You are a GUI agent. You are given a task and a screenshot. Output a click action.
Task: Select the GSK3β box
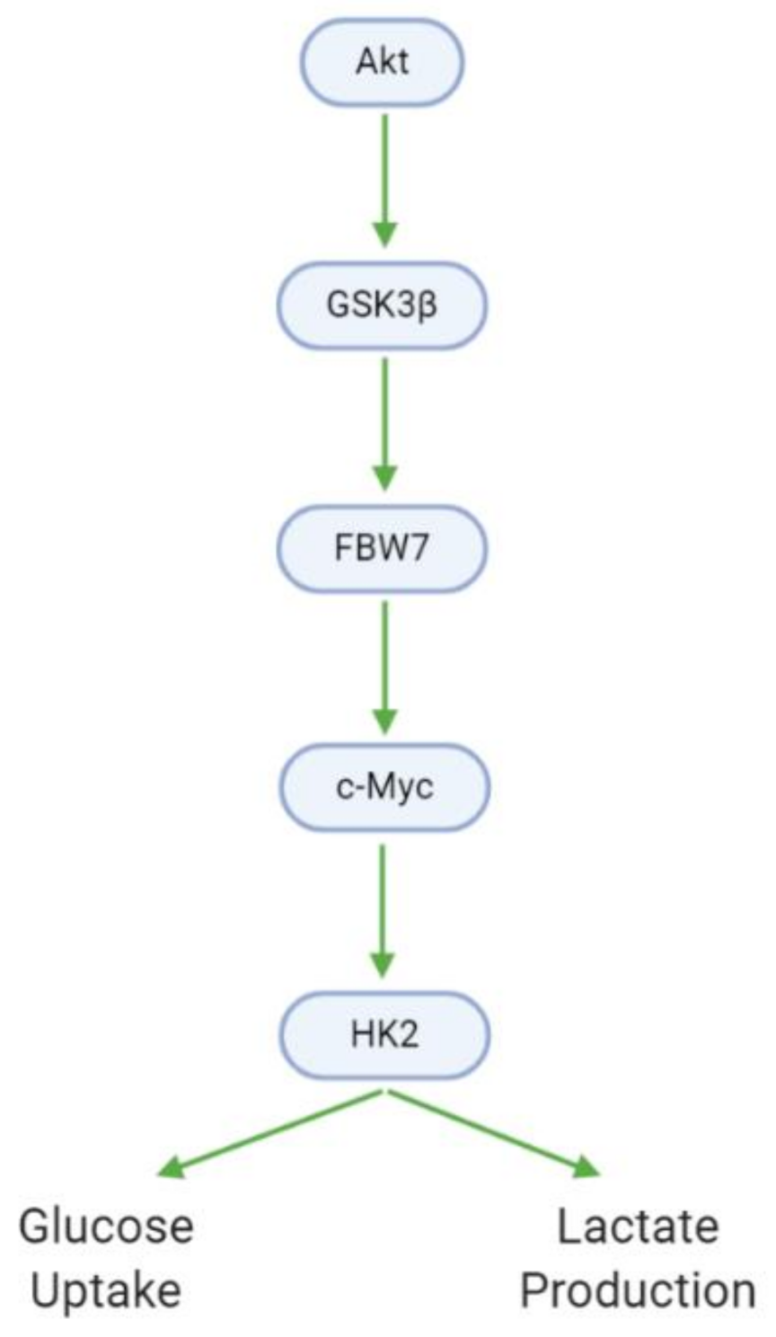[x=382, y=305]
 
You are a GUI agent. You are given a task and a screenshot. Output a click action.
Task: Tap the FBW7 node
[x=382, y=548]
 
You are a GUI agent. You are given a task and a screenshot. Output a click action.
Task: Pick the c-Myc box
[x=384, y=788]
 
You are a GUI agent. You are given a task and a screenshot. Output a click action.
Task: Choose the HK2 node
[x=384, y=1034]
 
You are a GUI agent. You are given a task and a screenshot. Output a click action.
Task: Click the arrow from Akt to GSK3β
[x=384, y=171]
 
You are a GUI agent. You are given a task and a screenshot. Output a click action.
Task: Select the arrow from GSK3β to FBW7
[x=384, y=413]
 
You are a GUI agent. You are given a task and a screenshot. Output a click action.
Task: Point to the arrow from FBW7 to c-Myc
[x=384, y=656]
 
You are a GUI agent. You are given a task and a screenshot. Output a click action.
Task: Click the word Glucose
[x=106, y=1227]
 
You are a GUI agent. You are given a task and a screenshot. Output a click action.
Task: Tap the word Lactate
[x=638, y=1227]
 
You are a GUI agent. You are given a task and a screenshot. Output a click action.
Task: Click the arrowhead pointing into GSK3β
[x=384, y=235]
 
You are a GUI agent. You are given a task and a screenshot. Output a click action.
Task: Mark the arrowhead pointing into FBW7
[x=384, y=478]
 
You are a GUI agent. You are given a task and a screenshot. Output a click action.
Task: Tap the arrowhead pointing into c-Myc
[x=384, y=721]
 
